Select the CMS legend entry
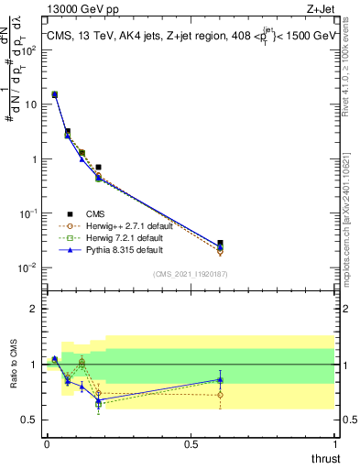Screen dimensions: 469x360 [x=100, y=213]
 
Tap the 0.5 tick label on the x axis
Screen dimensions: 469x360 [x=191, y=443]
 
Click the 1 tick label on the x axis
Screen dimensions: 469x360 [x=335, y=443]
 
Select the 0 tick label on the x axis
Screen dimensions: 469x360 [x=47, y=443]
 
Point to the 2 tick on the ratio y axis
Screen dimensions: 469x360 [x=33, y=309]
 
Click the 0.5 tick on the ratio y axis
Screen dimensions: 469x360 [x=29, y=420]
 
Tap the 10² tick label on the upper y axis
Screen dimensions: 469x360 [x=27, y=49]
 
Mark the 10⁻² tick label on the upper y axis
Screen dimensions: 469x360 [x=27, y=268]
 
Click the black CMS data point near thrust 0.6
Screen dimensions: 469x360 [x=220, y=244]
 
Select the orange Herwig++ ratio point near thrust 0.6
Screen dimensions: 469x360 [x=220, y=395]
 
